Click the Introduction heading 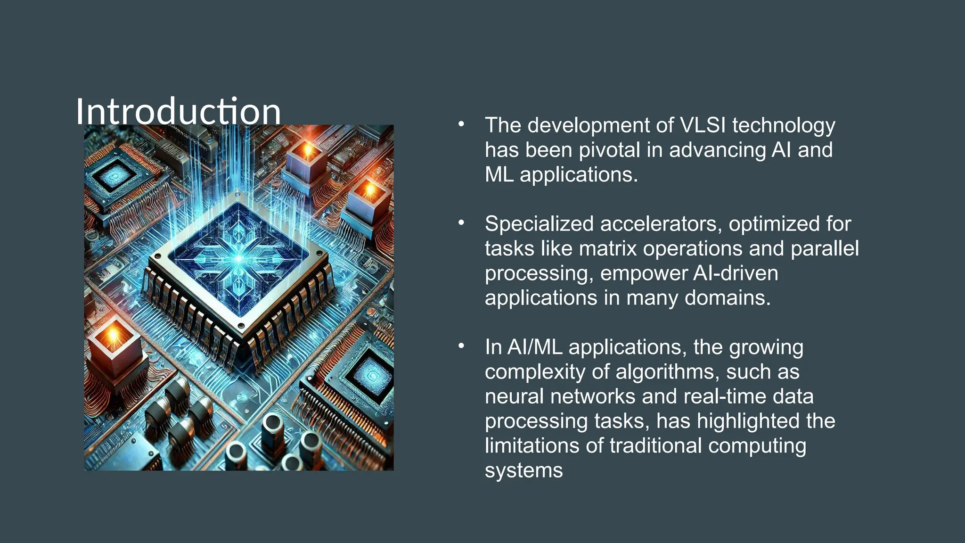[178, 112]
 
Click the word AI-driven [736, 273]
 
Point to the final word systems [523, 470]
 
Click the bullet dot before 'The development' [461, 124]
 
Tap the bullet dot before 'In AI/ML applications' [461, 346]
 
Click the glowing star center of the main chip [239, 259]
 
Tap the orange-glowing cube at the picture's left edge [114, 339]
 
